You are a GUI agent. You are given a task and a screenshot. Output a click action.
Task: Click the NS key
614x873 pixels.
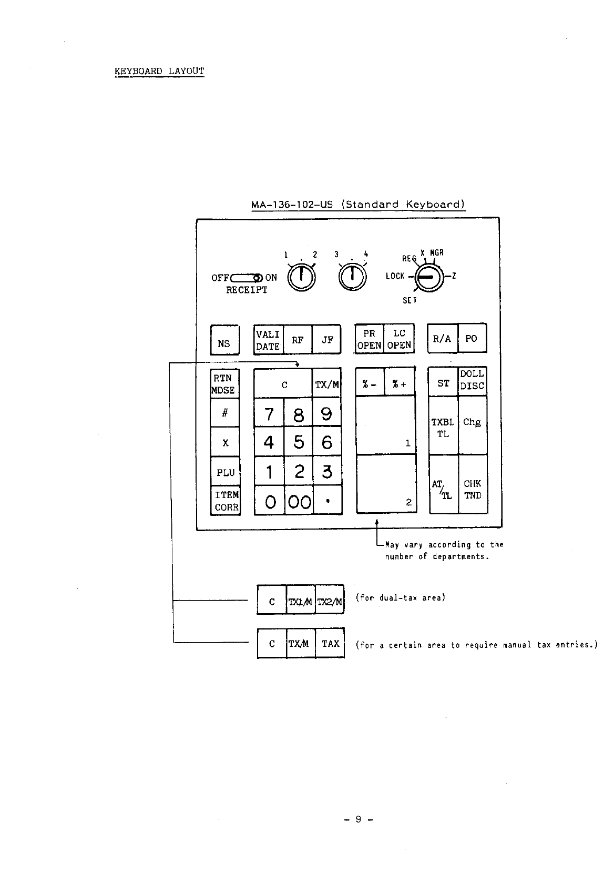(224, 340)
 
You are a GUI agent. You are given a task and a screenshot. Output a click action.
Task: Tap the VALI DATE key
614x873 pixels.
(268, 340)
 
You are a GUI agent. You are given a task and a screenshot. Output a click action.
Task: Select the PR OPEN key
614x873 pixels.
(369, 339)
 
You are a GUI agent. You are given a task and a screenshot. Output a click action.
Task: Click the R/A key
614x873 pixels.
(442, 339)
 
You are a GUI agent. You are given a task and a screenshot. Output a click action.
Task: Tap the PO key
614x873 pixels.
(472, 339)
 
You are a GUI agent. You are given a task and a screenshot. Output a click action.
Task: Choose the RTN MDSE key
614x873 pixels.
(224, 384)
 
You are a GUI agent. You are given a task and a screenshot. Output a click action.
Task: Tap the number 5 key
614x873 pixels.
(299, 442)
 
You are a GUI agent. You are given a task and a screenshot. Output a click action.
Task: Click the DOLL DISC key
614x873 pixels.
(472, 380)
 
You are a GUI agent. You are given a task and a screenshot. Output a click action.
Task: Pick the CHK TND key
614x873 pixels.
(472, 489)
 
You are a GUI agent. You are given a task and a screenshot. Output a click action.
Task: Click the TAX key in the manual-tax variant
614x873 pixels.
(330, 643)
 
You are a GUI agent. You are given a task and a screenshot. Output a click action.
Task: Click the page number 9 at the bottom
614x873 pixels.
(358, 819)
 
